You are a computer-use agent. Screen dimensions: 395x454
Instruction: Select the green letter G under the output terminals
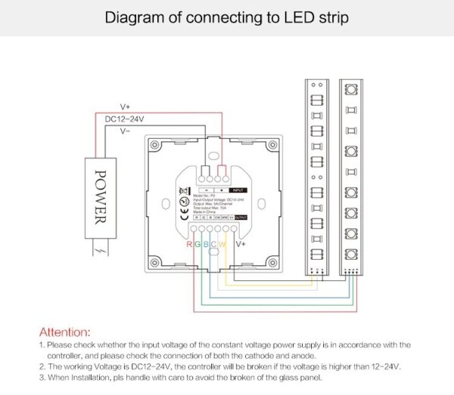pos(198,244)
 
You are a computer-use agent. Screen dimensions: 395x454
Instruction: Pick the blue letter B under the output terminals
pos(207,244)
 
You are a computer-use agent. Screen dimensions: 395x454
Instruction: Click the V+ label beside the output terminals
pos(241,244)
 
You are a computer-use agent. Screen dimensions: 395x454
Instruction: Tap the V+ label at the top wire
pos(125,106)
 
